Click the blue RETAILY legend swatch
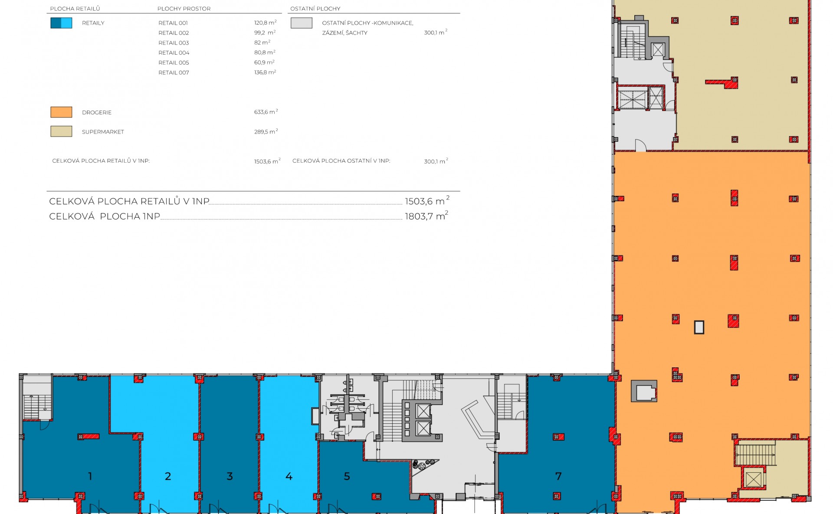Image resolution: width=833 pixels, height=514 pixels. tap(61, 23)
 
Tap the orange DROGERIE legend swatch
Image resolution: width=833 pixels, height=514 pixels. tap(61, 112)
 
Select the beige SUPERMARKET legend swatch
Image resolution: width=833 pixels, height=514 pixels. tap(61, 131)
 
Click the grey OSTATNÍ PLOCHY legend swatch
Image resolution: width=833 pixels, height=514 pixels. tap(302, 23)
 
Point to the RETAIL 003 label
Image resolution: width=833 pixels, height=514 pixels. tap(174, 43)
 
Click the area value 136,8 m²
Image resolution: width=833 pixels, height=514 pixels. tap(265, 72)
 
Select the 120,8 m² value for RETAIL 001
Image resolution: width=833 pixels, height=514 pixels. tap(265, 23)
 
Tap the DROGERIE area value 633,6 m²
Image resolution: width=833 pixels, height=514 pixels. tap(266, 112)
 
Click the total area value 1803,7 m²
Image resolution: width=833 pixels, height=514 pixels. tap(426, 216)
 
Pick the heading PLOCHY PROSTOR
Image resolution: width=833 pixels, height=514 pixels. tap(184, 9)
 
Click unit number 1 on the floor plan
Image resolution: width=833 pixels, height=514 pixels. tap(90, 476)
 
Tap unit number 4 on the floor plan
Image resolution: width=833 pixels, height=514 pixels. tap(289, 476)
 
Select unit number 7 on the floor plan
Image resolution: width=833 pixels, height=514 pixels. tap(558, 476)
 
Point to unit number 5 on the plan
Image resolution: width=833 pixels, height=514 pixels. tap(347, 476)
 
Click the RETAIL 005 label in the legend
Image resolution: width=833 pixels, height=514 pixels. tap(174, 63)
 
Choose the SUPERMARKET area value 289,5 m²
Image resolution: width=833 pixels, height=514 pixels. tap(266, 131)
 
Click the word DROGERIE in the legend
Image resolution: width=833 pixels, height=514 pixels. tap(97, 112)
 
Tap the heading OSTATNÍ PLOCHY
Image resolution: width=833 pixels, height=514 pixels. tap(315, 9)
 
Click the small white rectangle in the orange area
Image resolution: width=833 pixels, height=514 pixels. tap(699, 327)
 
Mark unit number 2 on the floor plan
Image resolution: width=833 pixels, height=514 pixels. tap(168, 476)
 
